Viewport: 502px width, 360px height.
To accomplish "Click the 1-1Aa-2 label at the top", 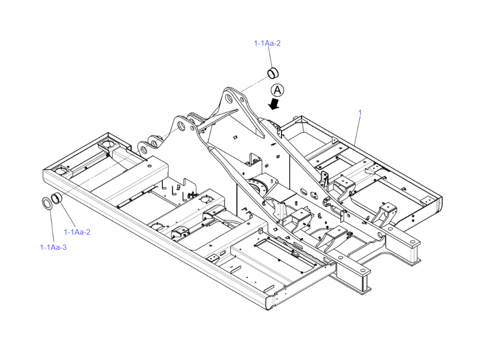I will pos(267,43).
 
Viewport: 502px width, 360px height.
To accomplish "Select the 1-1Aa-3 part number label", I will pos(53,247).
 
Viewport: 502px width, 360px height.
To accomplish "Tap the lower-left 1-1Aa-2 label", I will pos(77,232).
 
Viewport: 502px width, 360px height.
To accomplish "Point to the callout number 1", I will pos(360,113).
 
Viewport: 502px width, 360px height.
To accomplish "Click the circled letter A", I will pos(278,90).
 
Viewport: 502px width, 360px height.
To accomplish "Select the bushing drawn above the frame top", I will pos(273,73).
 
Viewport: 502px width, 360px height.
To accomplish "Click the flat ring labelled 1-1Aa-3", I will pos(47,203).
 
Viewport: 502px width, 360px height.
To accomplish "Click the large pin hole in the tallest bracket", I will pos(229,98).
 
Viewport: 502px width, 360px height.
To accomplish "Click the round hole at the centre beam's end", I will pos(363,271).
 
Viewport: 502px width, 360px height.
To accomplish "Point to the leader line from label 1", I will pos(357,130).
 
